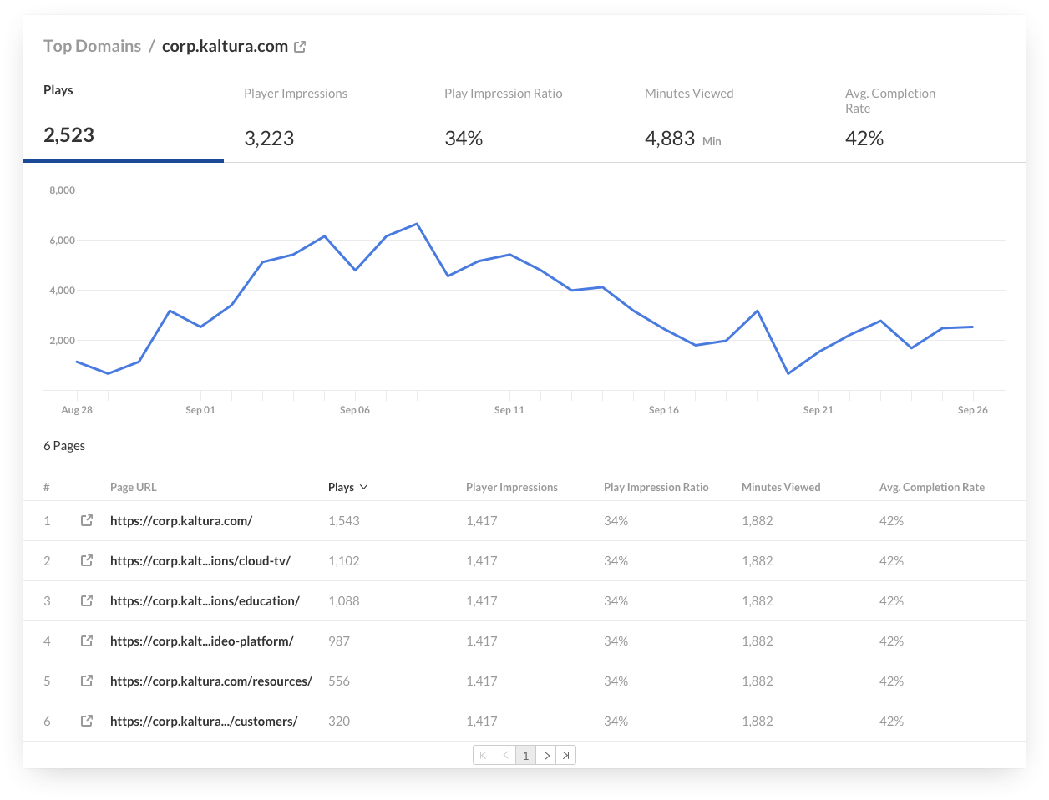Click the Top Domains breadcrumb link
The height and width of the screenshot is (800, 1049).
pos(92,47)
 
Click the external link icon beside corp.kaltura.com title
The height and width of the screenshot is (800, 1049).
pos(300,48)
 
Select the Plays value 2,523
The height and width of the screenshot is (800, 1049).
pos(68,135)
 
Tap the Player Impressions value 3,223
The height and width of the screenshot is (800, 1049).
pos(269,139)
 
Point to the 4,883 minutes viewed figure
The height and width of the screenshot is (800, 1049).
pos(670,139)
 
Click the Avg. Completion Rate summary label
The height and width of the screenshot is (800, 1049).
pos(889,100)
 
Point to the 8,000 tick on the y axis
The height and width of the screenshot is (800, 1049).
pos(63,190)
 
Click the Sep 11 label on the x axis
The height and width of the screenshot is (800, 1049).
pos(509,410)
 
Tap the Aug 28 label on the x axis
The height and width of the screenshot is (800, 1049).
pos(77,410)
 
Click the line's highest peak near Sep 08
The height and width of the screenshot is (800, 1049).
pos(417,224)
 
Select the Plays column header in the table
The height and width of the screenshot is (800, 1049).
pos(342,487)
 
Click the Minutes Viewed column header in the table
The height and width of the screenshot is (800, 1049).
pos(781,487)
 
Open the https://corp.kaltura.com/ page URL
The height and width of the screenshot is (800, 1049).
pos(181,521)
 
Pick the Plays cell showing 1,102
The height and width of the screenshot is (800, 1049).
pos(344,561)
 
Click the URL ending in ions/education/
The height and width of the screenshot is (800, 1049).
pos(205,601)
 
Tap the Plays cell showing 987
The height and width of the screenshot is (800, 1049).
pos(339,641)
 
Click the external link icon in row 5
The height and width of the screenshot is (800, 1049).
pos(87,681)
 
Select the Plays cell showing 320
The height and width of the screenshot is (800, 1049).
pos(339,722)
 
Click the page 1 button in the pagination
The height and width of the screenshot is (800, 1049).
pos(525,755)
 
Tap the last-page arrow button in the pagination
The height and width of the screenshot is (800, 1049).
pos(565,755)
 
